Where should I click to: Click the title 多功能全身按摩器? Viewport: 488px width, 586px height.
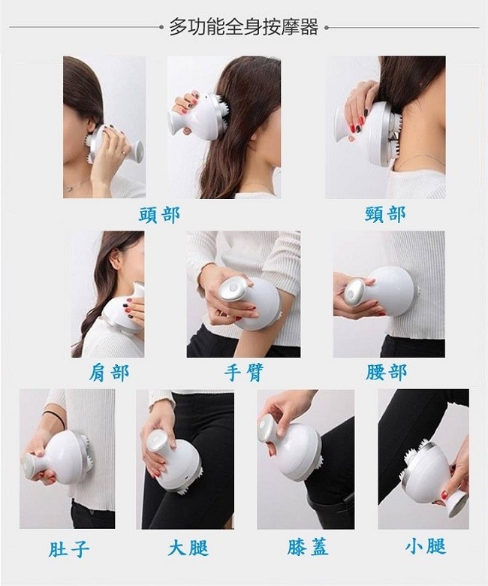tap(244, 27)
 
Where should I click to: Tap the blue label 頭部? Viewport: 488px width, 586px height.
tap(159, 216)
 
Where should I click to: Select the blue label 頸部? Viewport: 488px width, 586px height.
tap(385, 215)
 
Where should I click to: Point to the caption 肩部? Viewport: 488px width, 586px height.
tap(109, 373)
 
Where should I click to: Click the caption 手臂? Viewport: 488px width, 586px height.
tap(244, 373)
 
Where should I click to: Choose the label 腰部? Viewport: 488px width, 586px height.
tap(386, 372)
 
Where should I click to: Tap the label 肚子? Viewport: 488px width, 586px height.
tap(69, 548)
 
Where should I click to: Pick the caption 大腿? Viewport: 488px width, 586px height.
tap(188, 548)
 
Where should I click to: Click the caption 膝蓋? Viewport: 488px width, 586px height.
tap(308, 547)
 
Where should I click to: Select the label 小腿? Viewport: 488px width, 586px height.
tap(426, 546)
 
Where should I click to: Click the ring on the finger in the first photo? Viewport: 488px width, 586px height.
tap(124, 153)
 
